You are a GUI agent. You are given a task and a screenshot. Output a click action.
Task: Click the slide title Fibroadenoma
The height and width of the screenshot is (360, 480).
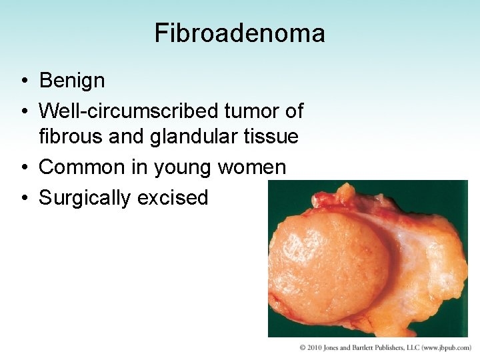[239, 33]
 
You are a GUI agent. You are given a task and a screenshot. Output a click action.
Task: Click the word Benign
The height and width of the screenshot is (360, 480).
[72, 81]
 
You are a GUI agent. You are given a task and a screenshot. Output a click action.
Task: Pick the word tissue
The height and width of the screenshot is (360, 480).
[270, 137]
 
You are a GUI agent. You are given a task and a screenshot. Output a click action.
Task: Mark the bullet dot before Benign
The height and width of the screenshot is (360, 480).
[23, 81]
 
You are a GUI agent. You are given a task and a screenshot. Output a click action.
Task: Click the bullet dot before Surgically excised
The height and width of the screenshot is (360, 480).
[23, 198]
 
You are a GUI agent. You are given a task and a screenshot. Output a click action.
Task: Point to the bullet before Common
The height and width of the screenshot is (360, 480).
[23, 167]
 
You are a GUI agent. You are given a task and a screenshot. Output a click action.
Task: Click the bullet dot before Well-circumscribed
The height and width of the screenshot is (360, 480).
[23, 111]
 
